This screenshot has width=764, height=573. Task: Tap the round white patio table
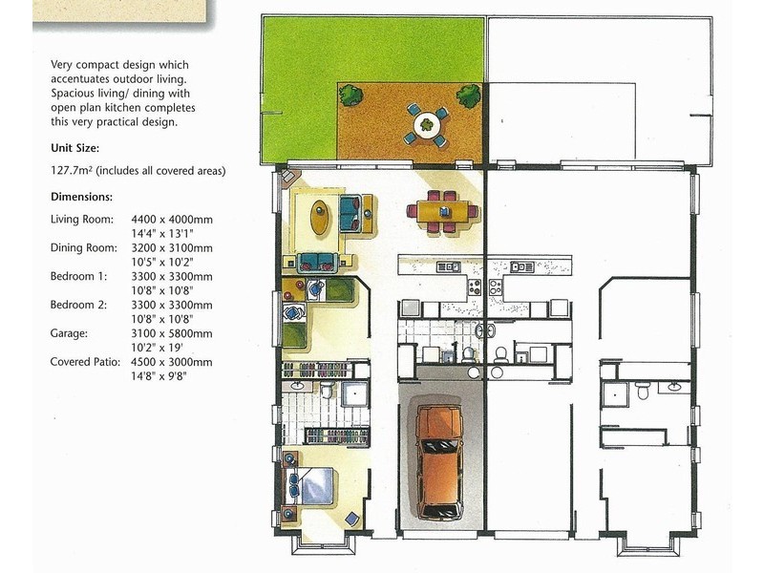click(x=425, y=123)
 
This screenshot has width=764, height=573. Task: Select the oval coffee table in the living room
click(x=320, y=214)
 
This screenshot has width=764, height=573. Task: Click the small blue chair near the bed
click(x=353, y=518)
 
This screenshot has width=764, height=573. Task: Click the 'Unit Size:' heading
click(x=74, y=148)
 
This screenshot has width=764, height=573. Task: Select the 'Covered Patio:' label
click(x=85, y=362)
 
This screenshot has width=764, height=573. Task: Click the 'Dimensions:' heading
click(x=81, y=197)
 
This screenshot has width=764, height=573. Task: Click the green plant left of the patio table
click(x=351, y=95)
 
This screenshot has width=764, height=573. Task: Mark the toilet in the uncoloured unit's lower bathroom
click(x=644, y=391)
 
